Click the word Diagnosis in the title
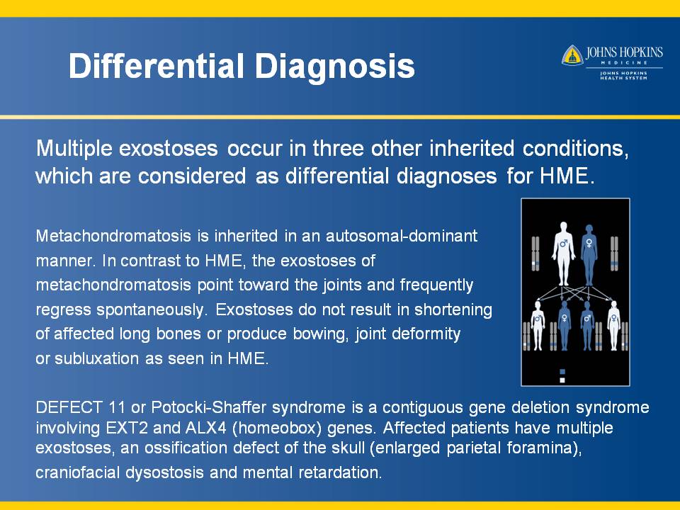coord(334,67)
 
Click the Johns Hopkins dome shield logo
coord(572,55)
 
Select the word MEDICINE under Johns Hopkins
coord(625,63)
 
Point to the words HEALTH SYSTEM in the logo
coord(623,78)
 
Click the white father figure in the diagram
coord(563,254)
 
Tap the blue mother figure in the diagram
coord(589,254)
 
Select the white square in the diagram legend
coord(562,380)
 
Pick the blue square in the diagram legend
coord(562,372)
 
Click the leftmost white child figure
coord(538,325)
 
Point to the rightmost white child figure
coord(613,325)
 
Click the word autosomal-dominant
coord(402,236)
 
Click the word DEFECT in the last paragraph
coord(69,408)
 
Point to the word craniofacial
coord(78,472)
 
